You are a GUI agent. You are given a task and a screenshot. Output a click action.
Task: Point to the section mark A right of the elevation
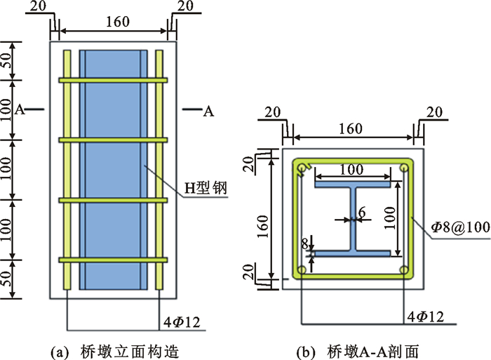pyautogui.click(x=208, y=110)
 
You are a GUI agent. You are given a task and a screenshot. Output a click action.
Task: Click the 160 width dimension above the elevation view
pyautogui.click(x=117, y=22)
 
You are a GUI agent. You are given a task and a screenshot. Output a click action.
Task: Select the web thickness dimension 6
pyautogui.click(x=361, y=212)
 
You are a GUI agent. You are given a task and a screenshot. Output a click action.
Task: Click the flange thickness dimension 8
pyautogui.click(x=303, y=244)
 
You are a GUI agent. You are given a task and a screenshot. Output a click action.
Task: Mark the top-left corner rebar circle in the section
pyautogui.click(x=302, y=168)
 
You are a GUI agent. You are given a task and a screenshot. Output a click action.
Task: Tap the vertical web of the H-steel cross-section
pyautogui.click(x=352, y=219)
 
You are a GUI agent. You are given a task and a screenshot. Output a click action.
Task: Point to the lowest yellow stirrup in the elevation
pyautogui.click(x=113, y=260)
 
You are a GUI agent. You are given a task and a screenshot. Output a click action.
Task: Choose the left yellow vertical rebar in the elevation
pyautogui.click(x=67, y=168)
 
